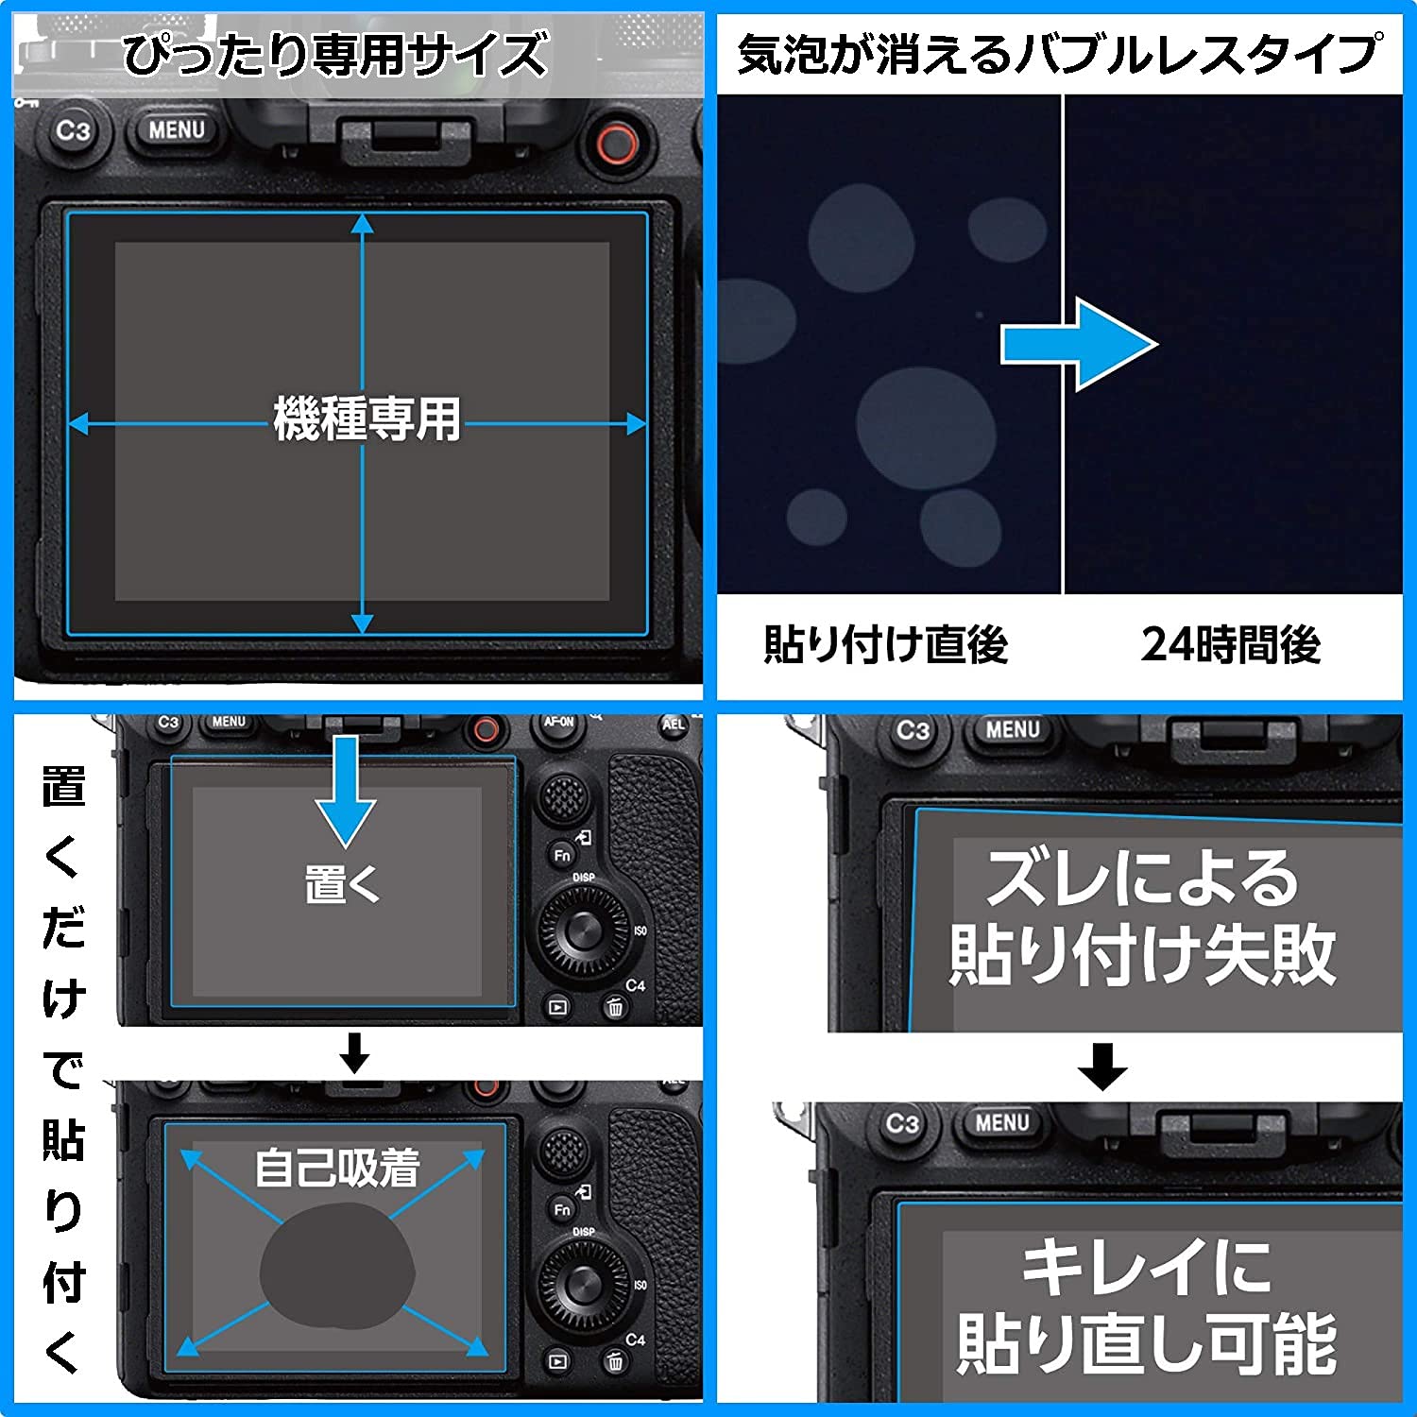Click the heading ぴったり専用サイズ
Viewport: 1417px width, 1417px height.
tap(335, 54)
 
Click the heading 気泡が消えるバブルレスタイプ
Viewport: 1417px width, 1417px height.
tap(1058, 54)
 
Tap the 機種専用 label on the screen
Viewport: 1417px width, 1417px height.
tap(367, 418)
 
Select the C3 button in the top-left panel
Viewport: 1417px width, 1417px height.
tap(73, 130)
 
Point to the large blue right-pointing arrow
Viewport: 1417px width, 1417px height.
tap(1079, 345)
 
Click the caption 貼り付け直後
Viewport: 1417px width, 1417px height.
tap(885, 644)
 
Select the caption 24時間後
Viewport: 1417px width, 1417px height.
tap(1230, 644)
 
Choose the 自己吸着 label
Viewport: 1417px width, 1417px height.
tap(337, 1168)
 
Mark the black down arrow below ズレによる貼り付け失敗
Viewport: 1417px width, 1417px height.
tap(1102, 1067)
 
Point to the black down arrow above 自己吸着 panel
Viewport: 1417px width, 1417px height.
tap(354, 1052)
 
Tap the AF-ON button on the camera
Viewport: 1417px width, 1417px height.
tap(558, 723)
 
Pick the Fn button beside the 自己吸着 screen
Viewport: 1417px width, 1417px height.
tap(562, 1209)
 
